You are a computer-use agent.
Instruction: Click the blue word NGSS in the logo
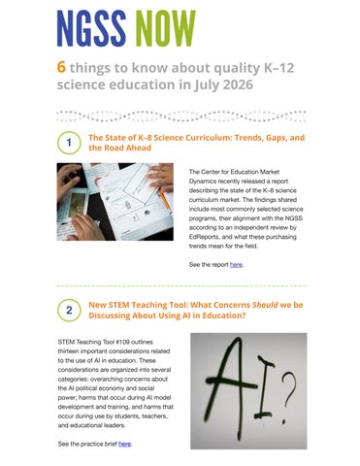pos(91,28)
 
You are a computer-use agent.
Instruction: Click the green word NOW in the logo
pos(165,28)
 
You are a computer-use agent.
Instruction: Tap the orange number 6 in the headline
pos(61,67)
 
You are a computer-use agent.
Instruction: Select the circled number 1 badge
pos(69,143)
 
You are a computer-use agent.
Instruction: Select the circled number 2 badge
pos(69,310)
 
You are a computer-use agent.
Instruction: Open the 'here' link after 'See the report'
pos(236,265)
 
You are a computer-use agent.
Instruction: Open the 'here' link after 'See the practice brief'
pos(125,444)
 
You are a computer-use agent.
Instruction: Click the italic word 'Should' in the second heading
pos(265,305)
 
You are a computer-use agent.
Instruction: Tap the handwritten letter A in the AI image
pos(230,385)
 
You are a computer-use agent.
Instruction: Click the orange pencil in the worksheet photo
pos(164,199)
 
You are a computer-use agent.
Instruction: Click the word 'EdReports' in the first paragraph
pos(204,237)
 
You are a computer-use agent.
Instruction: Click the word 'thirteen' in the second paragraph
pos(68,351)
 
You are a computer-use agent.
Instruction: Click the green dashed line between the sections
pos(181,286)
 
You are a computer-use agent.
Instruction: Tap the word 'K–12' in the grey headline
pos(279,68)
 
